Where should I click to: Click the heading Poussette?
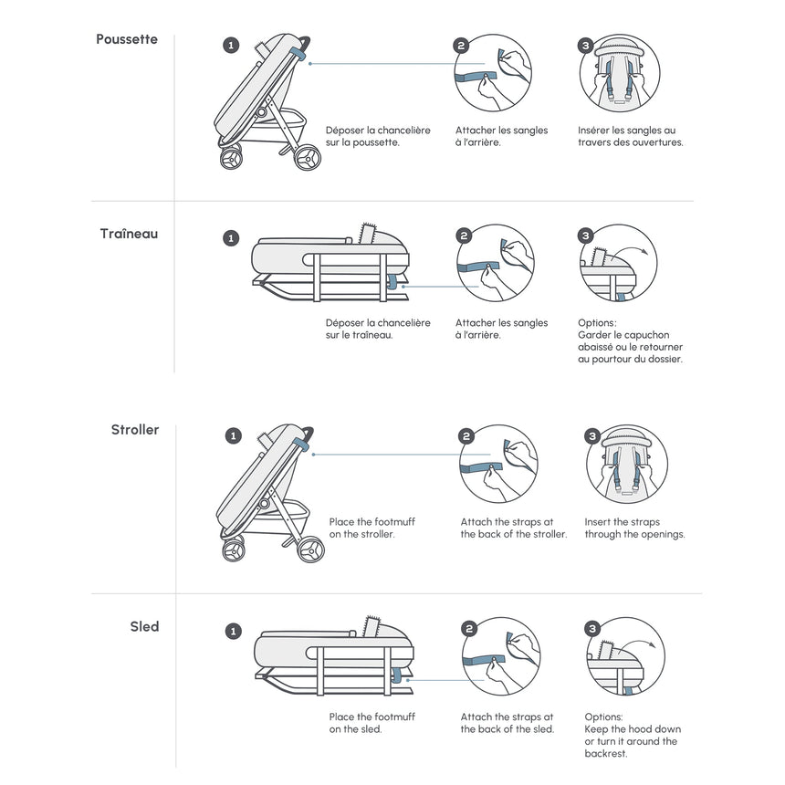(x=127, y=39)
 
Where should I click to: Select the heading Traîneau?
(x=129, y=234)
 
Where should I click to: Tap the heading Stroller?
(x=135, y=430)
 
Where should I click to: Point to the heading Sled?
(x=144, y=626)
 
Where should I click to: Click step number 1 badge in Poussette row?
(x=232, y=45)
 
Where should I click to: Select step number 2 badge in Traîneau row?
(x=465, y=235)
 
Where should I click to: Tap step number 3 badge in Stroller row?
(x=592, y=436)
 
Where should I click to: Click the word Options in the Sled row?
(x=603, y=717)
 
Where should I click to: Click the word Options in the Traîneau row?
(x=597, y=323)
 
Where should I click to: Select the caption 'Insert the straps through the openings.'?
(x=634, y=528)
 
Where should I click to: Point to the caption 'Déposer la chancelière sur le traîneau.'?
(x=378, y=329)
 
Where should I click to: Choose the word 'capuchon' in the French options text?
(x=649, y=335)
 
